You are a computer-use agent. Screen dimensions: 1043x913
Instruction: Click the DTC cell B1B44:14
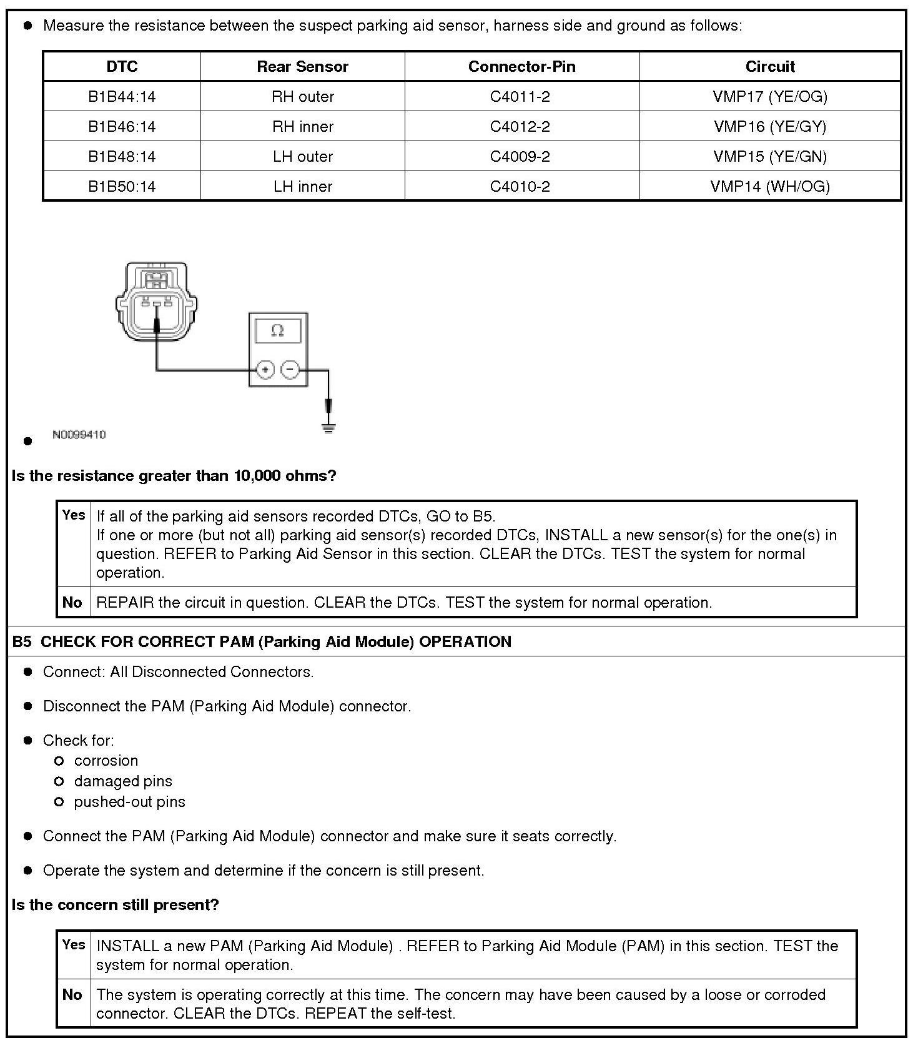pyautogui.click(x=122, y=97)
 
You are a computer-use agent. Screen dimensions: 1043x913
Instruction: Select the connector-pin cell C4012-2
pyautogui.click(x=520, y=127)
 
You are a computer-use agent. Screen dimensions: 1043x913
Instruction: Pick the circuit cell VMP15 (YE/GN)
pyautogui.click(x=770, y=157)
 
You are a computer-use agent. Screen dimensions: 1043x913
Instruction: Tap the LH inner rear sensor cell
pyautogui.click(x=303, y=187)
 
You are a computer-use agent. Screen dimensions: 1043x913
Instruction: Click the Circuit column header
pyautogui.click(x=770, y=67)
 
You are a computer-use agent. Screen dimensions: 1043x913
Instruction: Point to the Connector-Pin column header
pyautogui.click(x=521, y=67)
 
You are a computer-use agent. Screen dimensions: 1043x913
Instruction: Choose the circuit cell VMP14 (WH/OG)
pyautogui.click(x=770, y=187)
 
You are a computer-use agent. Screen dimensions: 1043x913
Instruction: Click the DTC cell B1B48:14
pyautogui.click(x=122, y=157)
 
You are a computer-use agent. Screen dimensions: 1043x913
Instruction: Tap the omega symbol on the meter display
pyautogui.click(x=278, y=331)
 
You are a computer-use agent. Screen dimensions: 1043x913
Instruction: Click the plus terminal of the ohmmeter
pyautogui.click(x=265, y=370)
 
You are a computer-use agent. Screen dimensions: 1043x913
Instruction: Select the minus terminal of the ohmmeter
pyautogui.click(x=290, y=370)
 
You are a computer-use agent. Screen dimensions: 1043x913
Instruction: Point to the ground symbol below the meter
pyautogui.click(x=328, y=428)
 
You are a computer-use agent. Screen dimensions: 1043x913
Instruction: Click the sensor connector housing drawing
pyautogui.click(x=155, y=302)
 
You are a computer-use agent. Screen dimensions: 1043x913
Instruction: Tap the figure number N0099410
pyautogui.click(x=79, y=435)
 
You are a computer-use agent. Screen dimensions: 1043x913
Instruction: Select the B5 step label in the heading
pyautogui.click(x=21, y=642)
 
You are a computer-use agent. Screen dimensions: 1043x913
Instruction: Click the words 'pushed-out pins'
pyautogui.click(x=129, y=802)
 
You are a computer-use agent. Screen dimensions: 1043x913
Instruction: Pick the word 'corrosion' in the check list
pyautogui.click(x=106, y=761)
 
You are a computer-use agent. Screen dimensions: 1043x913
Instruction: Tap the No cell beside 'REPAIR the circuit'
pyautogui.click(x=72, y=603)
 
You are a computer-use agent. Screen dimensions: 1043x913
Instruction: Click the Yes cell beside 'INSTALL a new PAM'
pyautogui.click(x=74, y=945)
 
